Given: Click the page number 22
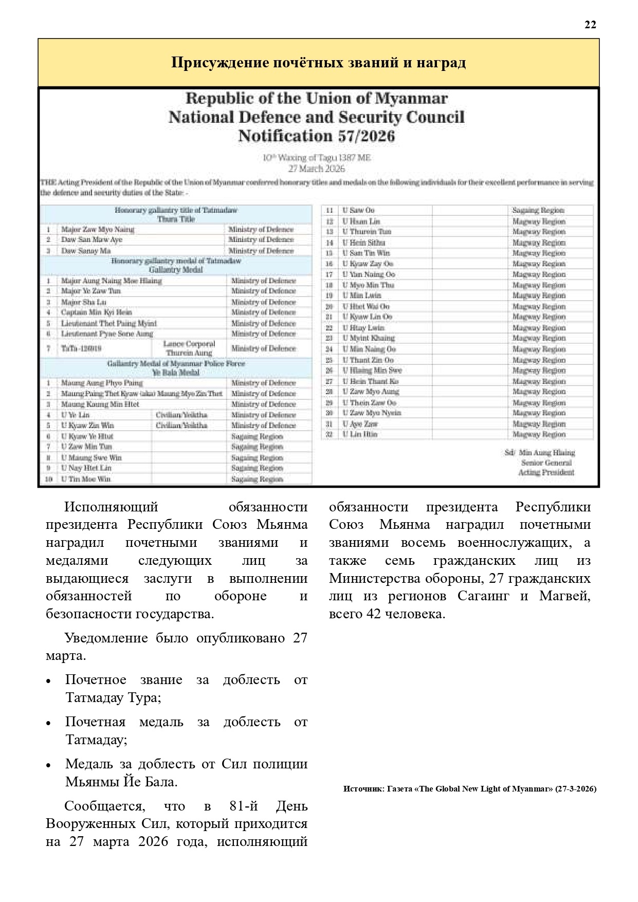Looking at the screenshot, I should (x=590, y=25).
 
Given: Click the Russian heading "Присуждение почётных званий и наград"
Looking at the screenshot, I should (x=318, y=63).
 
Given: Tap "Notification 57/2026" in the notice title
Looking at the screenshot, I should (x=316, y=136).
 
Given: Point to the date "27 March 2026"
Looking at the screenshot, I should (x=316, y=169).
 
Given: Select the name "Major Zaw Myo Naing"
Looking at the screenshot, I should (x=98, y=230).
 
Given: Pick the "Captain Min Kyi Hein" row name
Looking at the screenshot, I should (x=97, y=312).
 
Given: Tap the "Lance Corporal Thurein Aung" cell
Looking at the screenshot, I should (x=189, y=348).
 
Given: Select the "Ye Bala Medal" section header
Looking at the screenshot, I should (x=176, y=373).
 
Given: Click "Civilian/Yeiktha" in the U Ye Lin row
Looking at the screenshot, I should (x=181, y=415).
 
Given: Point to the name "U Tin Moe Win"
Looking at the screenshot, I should (x=86, y=479).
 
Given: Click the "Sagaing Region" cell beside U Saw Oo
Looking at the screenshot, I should (x=538, y=210).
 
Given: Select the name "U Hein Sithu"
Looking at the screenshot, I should (x=364, y=243).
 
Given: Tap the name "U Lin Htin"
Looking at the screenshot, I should (x=360, y=434).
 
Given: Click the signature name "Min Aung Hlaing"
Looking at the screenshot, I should (x=547, y=453).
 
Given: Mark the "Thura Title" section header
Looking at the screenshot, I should (x=176, y=219).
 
